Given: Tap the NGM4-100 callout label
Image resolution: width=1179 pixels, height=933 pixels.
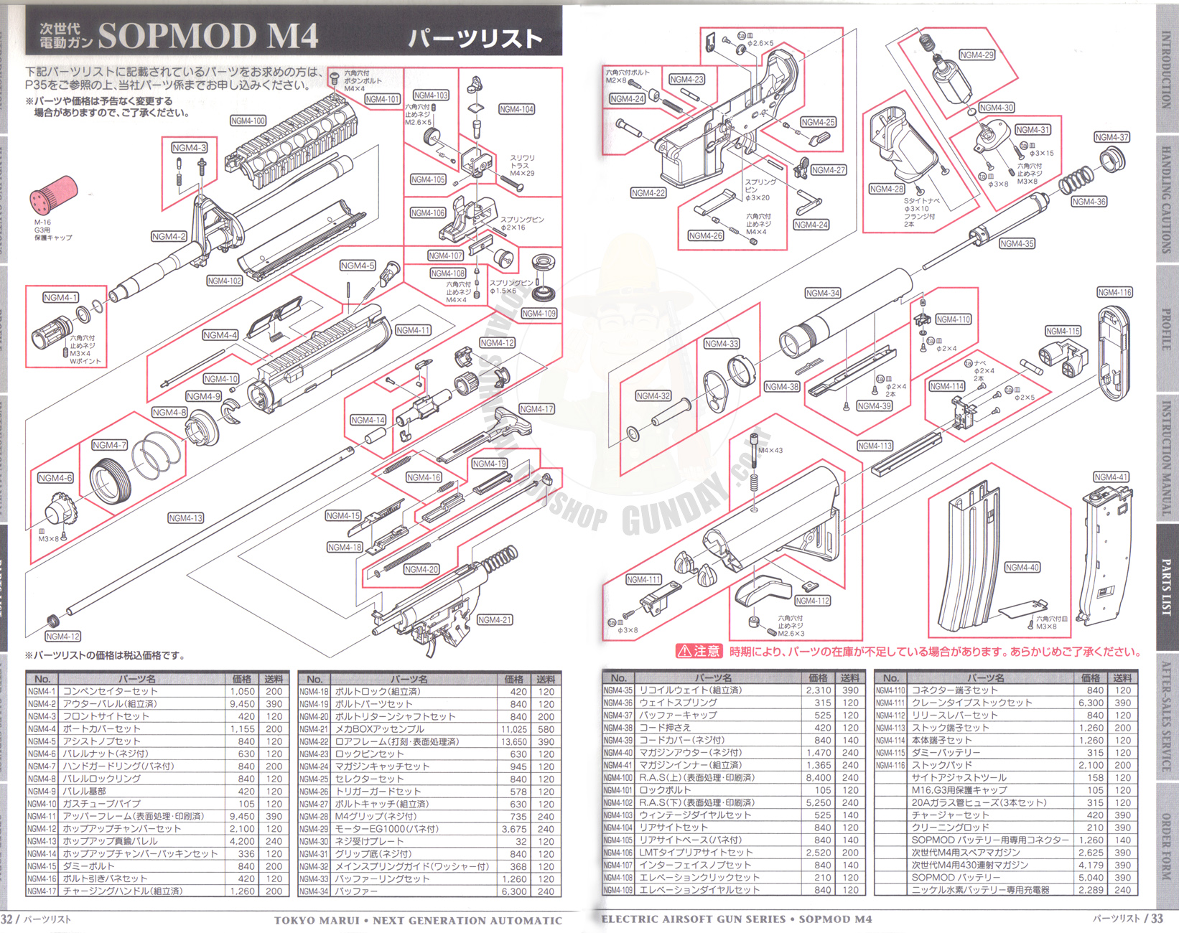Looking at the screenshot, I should [x=248, y=121].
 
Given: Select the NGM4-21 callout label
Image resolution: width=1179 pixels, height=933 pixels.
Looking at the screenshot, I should [x=494, y=620].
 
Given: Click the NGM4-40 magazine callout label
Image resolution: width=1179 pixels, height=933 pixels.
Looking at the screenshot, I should [x=1022, y=568].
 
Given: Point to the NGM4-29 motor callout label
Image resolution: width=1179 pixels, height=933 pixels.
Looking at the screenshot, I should [x=977, y=55].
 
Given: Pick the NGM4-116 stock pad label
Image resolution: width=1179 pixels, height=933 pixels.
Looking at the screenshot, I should [x=1114, y=293].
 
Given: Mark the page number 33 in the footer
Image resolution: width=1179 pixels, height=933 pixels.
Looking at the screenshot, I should [x=1157, y=919].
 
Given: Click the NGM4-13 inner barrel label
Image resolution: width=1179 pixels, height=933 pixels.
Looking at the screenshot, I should [x=185, y=518].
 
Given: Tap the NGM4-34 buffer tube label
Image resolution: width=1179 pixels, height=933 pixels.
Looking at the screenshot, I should [x=822, y=294].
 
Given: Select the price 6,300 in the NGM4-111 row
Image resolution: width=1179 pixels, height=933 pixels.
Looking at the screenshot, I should [x=1090, y=703].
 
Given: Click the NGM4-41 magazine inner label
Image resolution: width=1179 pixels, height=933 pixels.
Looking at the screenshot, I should [x=1111, y=477].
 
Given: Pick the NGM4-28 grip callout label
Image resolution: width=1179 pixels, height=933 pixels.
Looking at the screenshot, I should [x=886, y=189].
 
